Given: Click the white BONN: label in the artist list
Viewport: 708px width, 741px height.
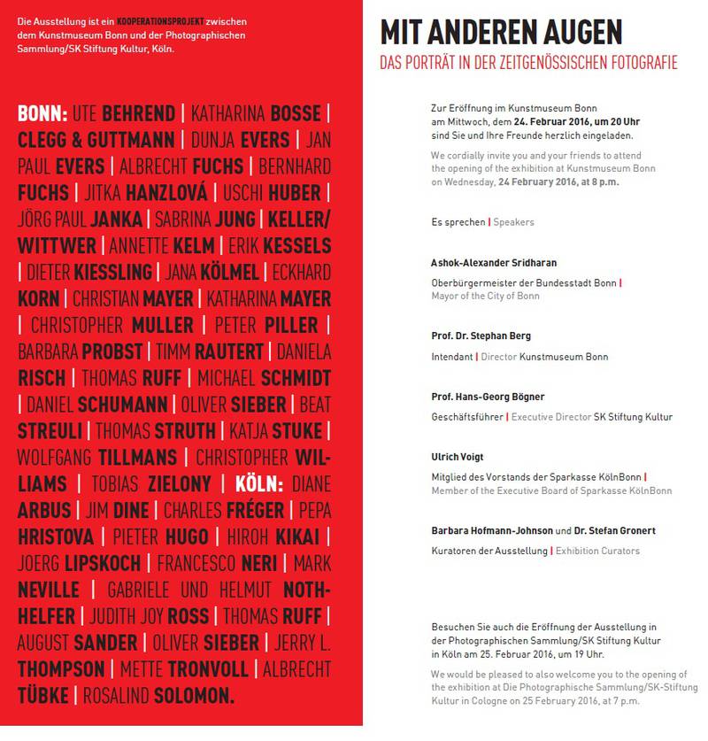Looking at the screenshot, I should point(42,114).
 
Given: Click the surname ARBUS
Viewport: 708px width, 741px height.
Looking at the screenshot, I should point(43,512).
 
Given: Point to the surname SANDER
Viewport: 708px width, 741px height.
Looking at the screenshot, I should point(105,644).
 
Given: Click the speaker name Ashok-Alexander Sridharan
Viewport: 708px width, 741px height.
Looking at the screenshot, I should point(494,264).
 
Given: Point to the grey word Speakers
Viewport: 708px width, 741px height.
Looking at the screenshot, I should point(513,222).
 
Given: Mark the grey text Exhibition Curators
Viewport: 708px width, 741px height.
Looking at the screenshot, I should point(597,551).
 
